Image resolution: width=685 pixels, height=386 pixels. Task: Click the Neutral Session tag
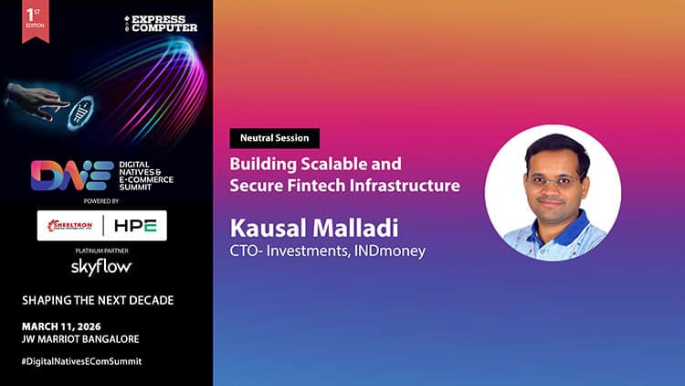click(x=275, y=138)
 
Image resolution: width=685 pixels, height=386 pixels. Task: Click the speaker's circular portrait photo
click(x=553, y=193)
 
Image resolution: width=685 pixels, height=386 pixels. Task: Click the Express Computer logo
click(x=163, y=23)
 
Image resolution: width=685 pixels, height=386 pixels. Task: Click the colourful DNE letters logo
click(x=60, y=176)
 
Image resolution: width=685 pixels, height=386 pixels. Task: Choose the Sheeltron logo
click(x=72, y=224)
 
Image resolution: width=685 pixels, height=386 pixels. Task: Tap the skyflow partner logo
click(x=102, y=266)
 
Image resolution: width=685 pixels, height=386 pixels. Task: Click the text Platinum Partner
click(x=103, y=250)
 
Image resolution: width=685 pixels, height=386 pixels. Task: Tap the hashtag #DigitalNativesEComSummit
click(x=81, y=361)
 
